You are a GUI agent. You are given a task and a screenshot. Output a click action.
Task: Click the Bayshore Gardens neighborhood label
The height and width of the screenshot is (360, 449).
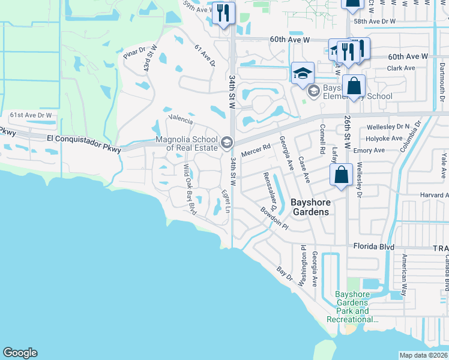pos(310,207)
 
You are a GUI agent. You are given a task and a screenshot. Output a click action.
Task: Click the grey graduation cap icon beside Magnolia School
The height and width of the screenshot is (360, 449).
pos(227,142)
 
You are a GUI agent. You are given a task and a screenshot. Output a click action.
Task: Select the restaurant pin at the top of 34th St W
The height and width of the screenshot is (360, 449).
pos(223,13)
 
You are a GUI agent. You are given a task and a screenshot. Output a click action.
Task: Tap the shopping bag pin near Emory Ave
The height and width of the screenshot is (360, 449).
pos(341,175)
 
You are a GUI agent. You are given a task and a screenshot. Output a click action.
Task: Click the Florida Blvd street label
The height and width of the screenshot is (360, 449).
pos(373,246)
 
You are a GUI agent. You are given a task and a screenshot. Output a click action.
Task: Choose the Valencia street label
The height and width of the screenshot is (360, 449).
pos(181,119)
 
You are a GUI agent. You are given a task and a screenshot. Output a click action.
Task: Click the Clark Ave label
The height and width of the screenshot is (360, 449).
pos(402,68)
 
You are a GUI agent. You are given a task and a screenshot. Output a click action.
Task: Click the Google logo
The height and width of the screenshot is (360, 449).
pos(20,353)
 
